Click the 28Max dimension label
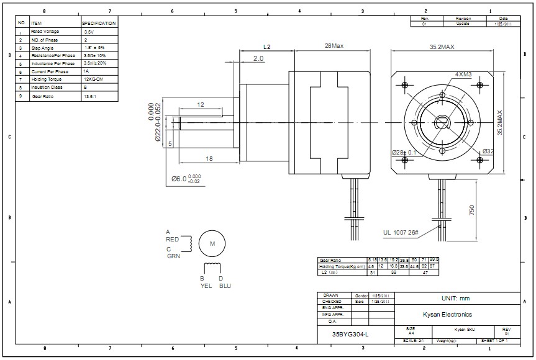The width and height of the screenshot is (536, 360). pos(334,46)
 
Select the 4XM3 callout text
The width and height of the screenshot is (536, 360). pos(463,74)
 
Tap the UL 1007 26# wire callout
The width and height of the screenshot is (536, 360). pos(401,234)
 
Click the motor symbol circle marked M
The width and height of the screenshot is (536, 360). pos(212,244)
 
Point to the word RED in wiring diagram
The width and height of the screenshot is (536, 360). pos(172,238)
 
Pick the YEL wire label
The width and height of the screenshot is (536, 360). pos(205,286)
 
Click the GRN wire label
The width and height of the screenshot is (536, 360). pos(173,256)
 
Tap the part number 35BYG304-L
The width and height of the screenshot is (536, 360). pos(350,335)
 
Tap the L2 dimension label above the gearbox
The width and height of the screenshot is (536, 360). pos(266,47)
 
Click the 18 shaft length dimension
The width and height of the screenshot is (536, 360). pos(209,160)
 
